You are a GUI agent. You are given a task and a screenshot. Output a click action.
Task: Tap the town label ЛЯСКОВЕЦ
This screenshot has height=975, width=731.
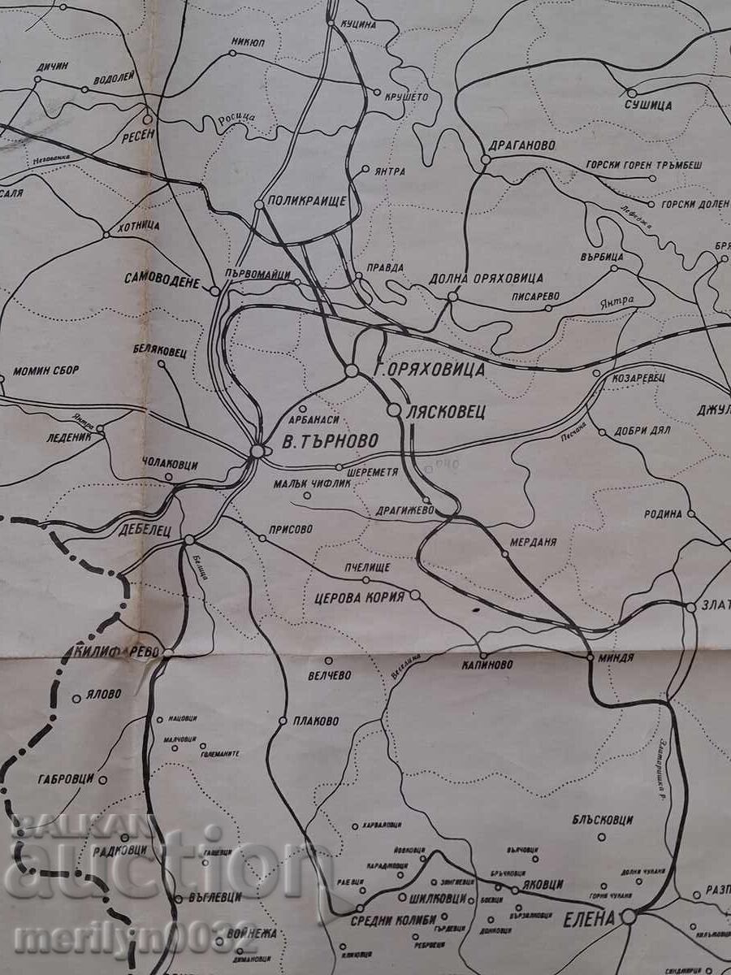446,411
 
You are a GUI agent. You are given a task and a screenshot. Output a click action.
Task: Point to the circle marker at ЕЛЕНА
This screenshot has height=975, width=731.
629,917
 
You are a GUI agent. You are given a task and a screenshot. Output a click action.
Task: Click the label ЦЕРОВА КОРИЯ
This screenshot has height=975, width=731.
359,597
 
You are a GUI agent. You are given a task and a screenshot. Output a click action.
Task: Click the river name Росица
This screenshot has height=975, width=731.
236,119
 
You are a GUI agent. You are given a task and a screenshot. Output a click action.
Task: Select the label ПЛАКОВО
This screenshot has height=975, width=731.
318,721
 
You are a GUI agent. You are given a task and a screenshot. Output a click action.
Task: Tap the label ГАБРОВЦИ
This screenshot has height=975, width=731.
67,779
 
